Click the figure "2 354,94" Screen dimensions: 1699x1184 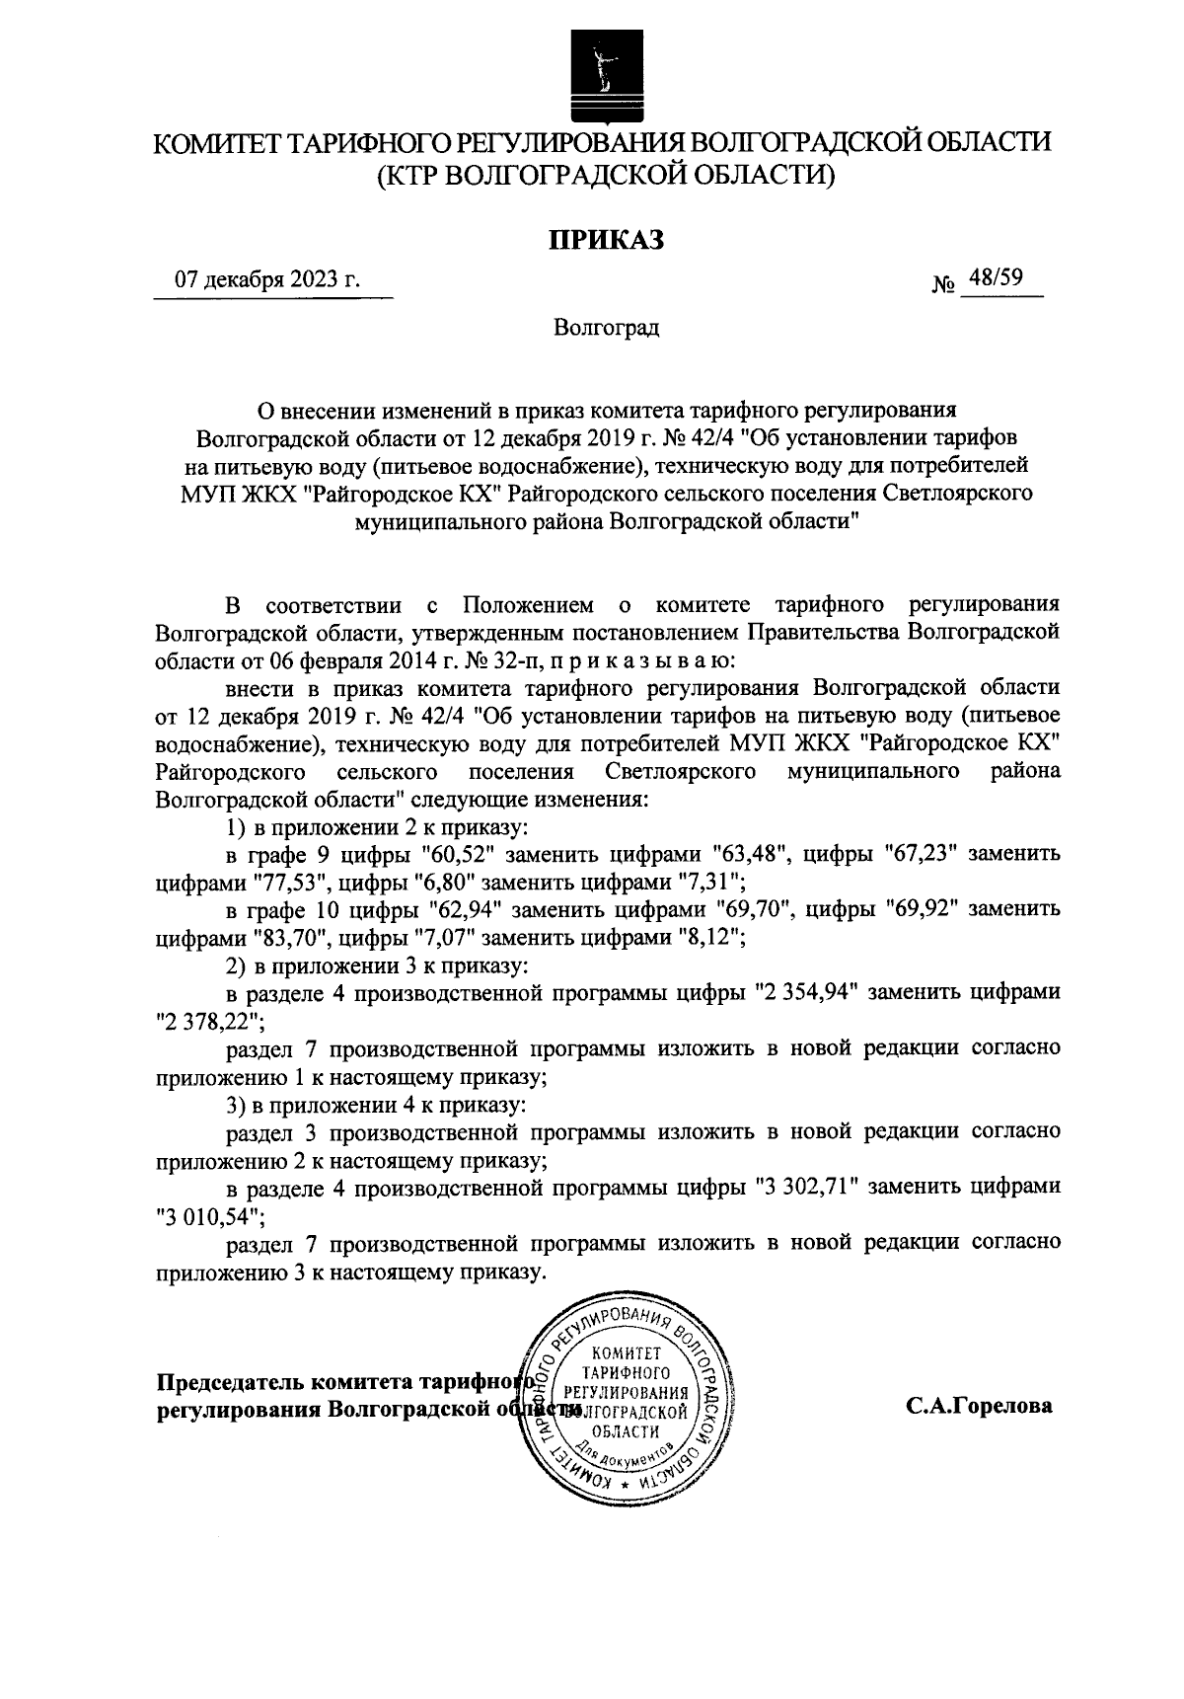click(809, 993)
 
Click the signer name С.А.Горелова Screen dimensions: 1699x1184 click(980, 1406)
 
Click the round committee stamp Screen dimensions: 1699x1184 click(623, 1403)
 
